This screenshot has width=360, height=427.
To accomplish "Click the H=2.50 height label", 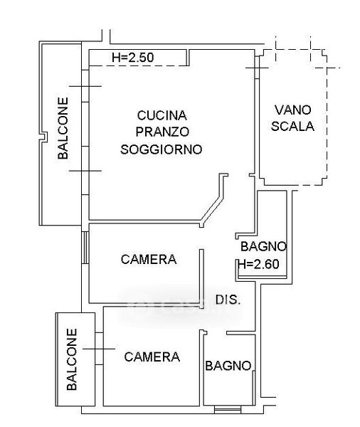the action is coord(133,58).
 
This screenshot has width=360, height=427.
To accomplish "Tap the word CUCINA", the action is coord(162,115).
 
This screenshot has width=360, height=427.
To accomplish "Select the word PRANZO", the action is coord(162,132).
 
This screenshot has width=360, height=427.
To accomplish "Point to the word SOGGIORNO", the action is coord(162,149).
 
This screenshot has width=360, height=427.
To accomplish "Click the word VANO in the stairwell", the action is coord(292,110).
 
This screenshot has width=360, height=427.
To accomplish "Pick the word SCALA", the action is coord(292,127).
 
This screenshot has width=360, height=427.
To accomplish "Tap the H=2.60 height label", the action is coord(258,264).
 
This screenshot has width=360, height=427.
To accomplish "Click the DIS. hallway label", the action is coord(228,300).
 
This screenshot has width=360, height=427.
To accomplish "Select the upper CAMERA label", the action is coord(149,259).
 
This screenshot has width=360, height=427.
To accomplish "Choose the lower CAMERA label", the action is coord(152,357).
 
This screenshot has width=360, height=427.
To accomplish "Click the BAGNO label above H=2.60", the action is coord(264,246).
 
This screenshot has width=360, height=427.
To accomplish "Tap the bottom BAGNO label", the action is coord(228,366).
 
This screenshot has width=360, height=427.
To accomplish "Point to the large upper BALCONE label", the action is coord(63,128).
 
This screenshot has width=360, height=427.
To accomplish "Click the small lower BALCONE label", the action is coord(72,359).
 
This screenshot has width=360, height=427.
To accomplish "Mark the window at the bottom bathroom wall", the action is coord(228,409).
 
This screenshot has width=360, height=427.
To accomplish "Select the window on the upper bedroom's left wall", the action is coord(85,248).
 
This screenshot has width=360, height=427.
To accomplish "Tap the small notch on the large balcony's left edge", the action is coord(43,136).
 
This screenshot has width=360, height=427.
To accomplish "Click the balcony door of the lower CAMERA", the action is coord(99,349).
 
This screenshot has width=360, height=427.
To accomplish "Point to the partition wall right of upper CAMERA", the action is coord(201,279).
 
